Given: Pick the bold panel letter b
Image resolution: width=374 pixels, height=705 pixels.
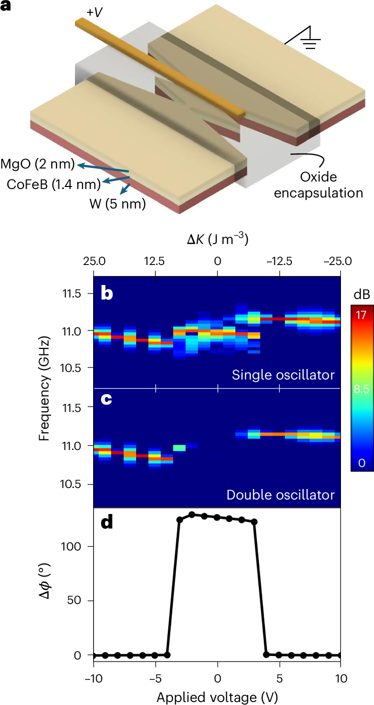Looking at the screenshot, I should (x=107, y=293).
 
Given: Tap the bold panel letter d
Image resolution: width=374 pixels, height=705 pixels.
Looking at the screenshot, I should (x=107, y=524).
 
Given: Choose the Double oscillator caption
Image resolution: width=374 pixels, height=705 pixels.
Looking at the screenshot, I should (x=280, y=495).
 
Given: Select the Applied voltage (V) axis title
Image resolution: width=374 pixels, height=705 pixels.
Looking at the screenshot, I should (x=217, y=695).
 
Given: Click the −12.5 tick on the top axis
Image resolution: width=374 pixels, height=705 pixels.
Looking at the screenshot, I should (x=279, y=261).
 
